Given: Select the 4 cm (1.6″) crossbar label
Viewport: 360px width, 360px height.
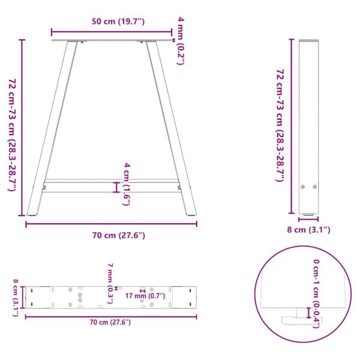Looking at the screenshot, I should pos(127,184).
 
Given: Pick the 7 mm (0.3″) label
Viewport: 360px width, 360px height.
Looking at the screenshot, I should pos(110,283).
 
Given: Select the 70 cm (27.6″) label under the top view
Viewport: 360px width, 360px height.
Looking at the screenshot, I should pos(110,323).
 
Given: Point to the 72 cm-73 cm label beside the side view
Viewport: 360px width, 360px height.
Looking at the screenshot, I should pos(280,125).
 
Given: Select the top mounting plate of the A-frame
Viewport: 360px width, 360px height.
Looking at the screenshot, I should pos(112,41).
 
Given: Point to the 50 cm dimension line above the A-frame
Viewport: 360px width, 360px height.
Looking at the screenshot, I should pos(112,31).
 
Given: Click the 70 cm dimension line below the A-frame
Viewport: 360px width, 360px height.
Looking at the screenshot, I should pos(112,224).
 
